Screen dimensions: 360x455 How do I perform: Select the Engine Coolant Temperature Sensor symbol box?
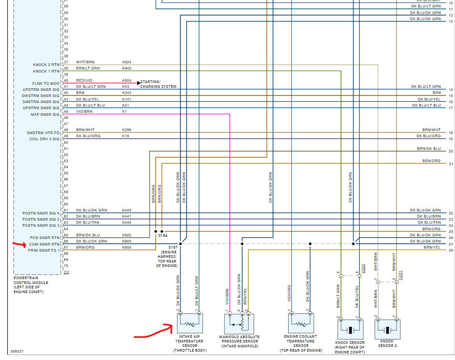pyautogui.click(x=300, y=324)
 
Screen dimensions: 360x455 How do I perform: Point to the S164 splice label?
pyautogui.click(x=162, y=235)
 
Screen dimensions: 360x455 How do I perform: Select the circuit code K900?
pyautogui.click(x=127, y=241)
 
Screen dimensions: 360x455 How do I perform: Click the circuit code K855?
pyautogui.click(x=127, y=247)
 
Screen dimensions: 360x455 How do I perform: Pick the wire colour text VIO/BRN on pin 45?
pyautogui.click(x=83, y=111)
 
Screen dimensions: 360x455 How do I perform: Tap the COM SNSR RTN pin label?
pyautogui.click(x=44, y=244)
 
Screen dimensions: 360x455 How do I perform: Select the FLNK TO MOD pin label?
pyautogui.click(x=46, y=83)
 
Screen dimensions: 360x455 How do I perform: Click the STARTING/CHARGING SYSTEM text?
pyautogui.click(x=158, y=84)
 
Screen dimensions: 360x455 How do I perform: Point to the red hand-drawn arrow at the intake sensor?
pyautogui.click(x=153, y=332)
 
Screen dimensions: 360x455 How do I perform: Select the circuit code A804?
pyautogui.click(x=127, y=80)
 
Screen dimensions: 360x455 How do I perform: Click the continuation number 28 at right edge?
pyautogui.click(x=451, y=250)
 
